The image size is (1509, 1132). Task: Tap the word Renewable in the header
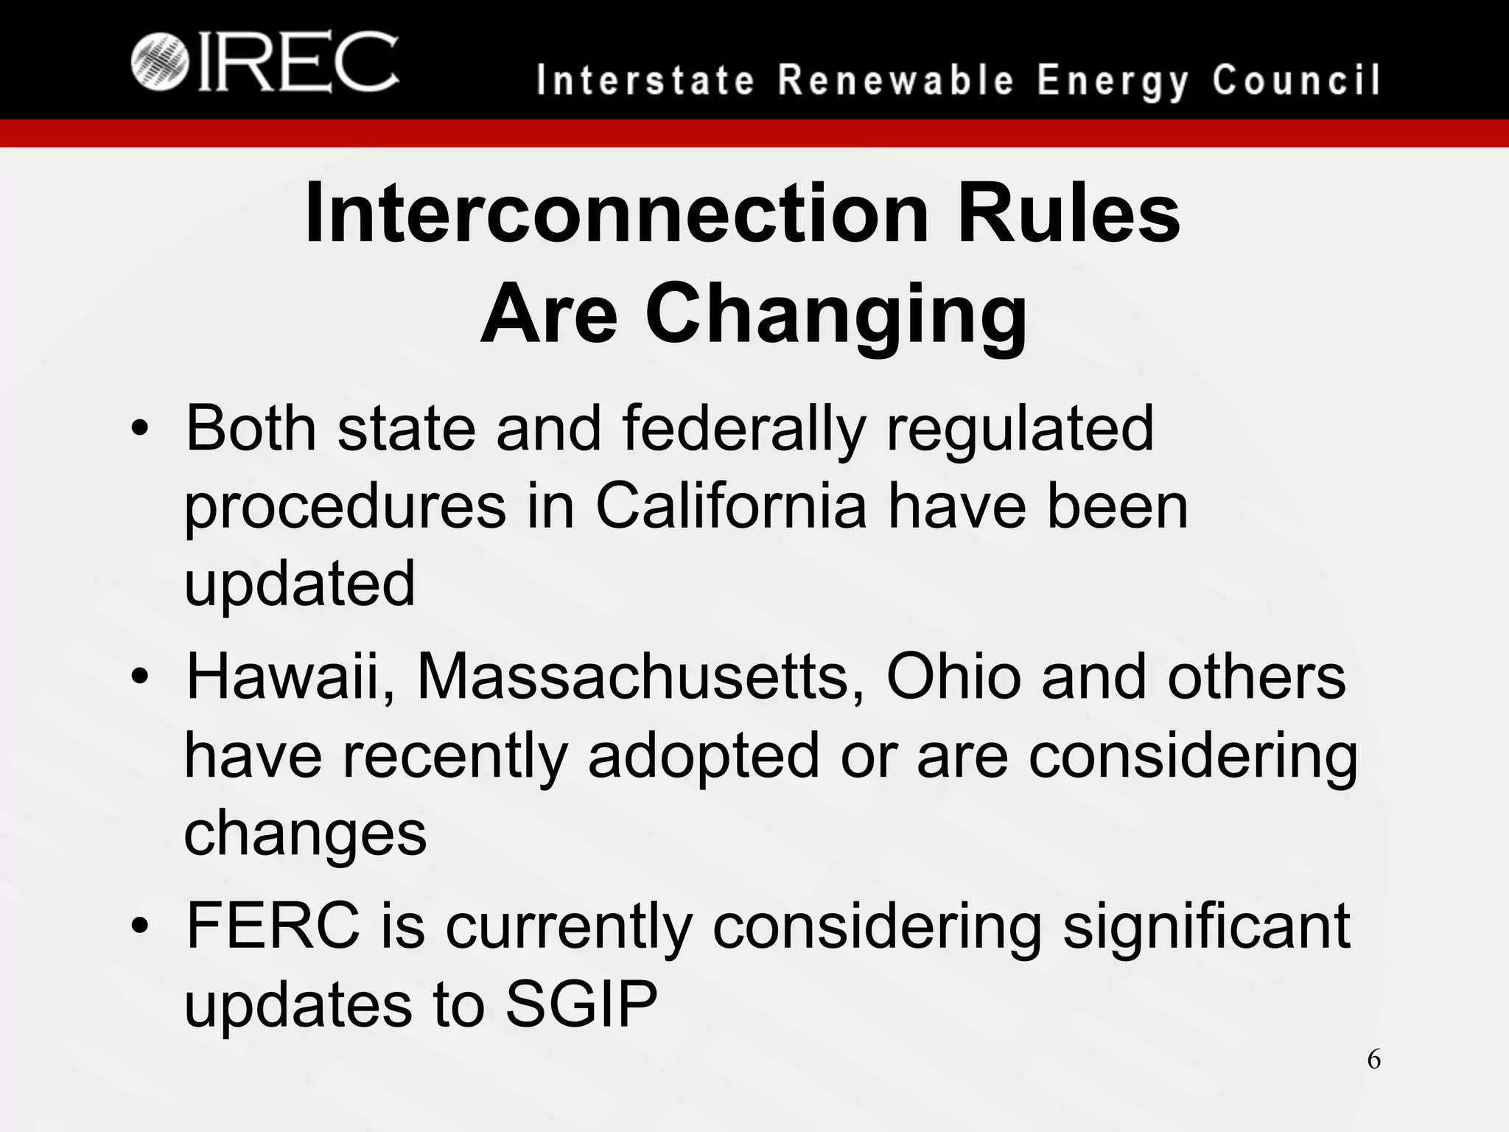click(x=897, y=80)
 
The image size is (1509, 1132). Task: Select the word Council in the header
click(x=1296, y=80)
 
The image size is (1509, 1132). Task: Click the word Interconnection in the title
click(x=617, y=214)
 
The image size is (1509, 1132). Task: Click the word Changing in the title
click(x=836, y=315)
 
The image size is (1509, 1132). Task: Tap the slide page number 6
click(x=1373, y=1061)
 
